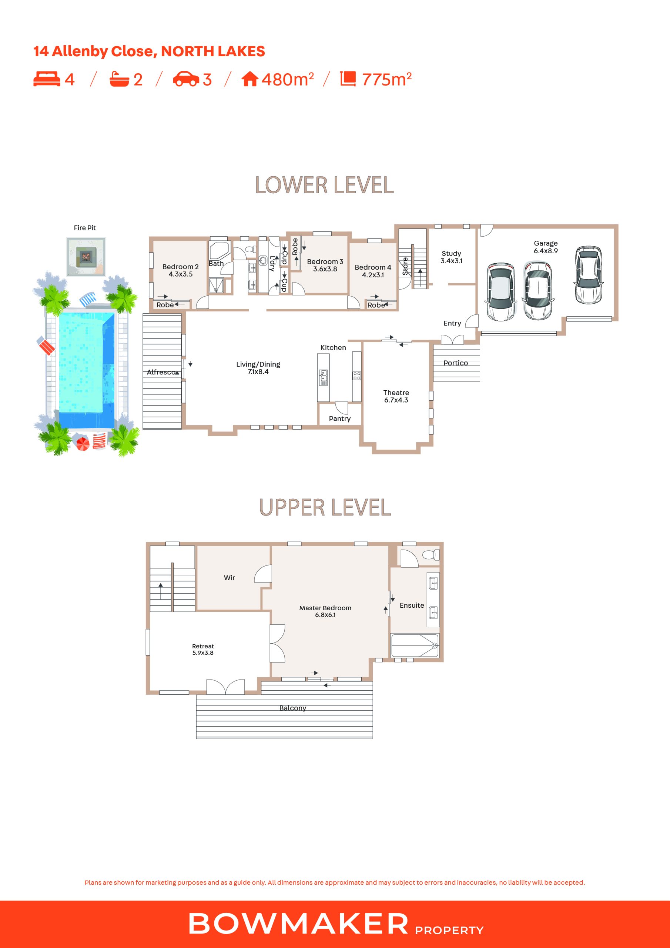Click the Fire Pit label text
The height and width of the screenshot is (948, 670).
[85, 228]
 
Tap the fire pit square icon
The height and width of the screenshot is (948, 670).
[86, 256]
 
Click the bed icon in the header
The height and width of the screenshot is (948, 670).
[47, 79]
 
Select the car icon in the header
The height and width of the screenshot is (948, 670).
[186, 79]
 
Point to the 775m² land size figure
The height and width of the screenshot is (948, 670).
[387, 79]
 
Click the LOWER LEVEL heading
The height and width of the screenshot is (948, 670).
[325, 185]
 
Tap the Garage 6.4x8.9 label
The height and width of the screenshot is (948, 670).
[546, 247]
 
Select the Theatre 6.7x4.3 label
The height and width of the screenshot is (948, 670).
[396, 396]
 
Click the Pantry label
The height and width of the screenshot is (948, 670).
[340, 419]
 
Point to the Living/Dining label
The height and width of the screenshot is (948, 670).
[258, 368]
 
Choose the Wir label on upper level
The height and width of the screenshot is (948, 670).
[230, 578]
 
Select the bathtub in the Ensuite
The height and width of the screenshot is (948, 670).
[415, 645]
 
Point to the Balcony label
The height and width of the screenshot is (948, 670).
[293, 708]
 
